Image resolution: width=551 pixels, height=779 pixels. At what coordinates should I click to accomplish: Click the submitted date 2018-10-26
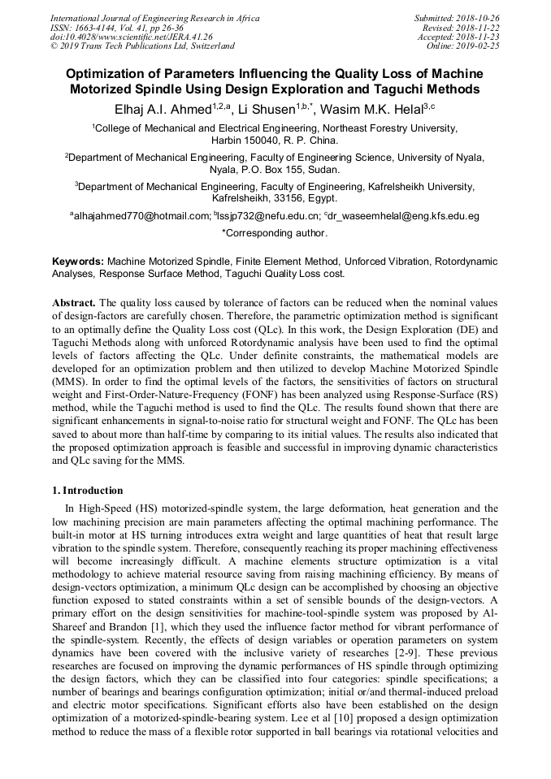(x=480, y=17)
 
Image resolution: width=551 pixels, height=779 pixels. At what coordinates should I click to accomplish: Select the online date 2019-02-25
(x=480, y=46)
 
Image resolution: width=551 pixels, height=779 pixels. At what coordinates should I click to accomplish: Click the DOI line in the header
(x=132, y=37)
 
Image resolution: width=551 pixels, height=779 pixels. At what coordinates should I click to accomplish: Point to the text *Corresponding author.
(x=275, y=233)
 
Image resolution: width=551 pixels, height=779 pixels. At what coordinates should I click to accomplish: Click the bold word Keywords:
(x=78, y=262)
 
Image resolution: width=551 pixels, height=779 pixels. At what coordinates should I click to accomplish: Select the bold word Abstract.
(x=75, y=301)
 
